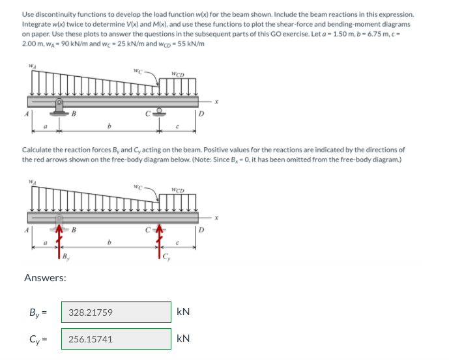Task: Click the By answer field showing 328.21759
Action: pyautogui.click(x=116, y=312)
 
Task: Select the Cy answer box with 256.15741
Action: pyautogui.click(x=116, y=339)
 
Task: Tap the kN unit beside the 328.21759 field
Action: pyautogui.click(x=183, y=312)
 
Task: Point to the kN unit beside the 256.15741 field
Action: pyautogui.click(x=183, y=339)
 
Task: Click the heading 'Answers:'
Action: pyautogui.click(x=45, y=278)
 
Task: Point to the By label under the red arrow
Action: pyautogui.click(x=66, y=256)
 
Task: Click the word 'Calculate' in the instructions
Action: pyautogui.click(x=38, y=150)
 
